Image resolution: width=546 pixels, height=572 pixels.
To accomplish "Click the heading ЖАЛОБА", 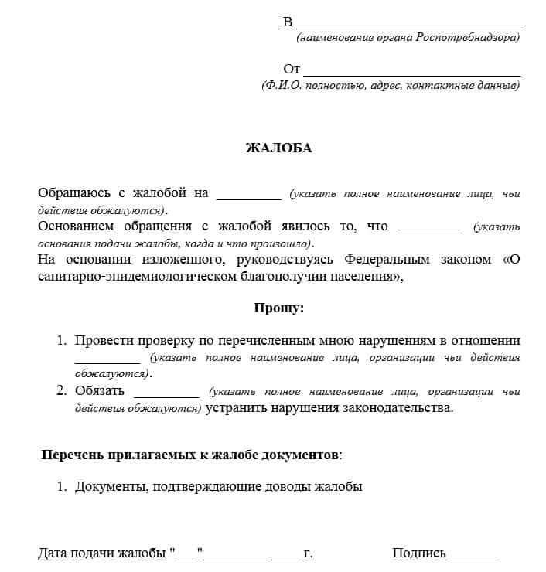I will pos(278,148).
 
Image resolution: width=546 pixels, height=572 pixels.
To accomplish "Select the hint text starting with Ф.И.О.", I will pos(391,86).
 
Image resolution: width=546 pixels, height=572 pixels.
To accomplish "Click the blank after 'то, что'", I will pos(429,229).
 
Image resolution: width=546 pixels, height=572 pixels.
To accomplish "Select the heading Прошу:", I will pos(279,308).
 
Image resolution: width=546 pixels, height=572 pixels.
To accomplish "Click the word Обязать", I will pos(100,391).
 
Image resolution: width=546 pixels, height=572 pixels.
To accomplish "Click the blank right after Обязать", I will pos(166,393).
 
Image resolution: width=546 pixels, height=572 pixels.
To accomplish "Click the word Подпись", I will pos(419,553).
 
